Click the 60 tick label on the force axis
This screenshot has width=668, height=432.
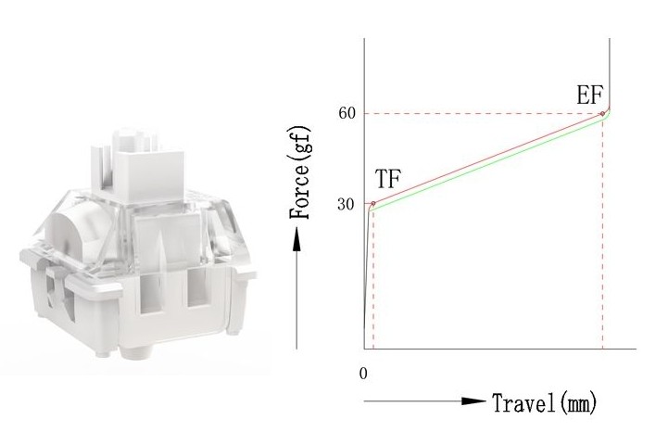pos(347,113)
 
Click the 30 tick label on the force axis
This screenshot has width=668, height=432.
pos(346,205)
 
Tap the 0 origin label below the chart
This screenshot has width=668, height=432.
pos(363,374)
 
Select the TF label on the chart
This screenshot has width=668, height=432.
pos(388,179)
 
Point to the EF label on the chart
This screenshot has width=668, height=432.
pos(589,95)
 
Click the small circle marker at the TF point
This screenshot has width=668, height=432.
pos(373,203)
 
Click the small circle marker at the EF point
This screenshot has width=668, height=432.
pos(602,114)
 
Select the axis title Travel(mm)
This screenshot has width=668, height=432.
pos(544,402)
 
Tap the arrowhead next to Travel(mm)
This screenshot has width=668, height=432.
pos(473,400)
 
